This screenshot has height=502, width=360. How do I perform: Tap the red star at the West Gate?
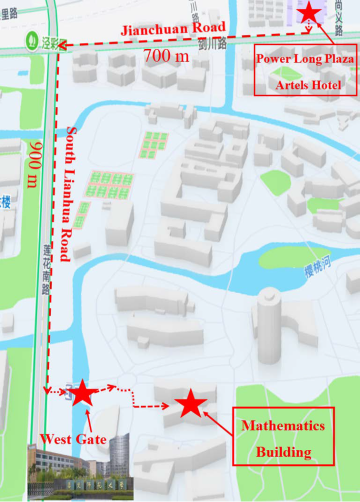pyautogui.click(x=82, y=393)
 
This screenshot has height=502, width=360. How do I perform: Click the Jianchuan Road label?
pyautogui.click(x=173, y=30)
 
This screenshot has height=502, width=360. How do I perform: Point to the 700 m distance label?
pyautogui.click(x=166, y=56)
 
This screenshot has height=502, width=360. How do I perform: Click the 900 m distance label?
pyautogui.click(x=35, y=164)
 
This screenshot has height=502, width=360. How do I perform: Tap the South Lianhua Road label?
pyautogui.click(x=69, y=194)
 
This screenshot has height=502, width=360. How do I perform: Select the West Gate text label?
pyautogui.click(x=73, y=439)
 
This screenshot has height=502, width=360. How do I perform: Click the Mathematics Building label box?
pyautogui.click(x=283, y=437)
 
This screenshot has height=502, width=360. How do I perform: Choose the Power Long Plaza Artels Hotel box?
pyautogui.click(x=305, y=70)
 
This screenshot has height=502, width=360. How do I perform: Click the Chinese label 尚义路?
pyautogui.click(x=339, y=17)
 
